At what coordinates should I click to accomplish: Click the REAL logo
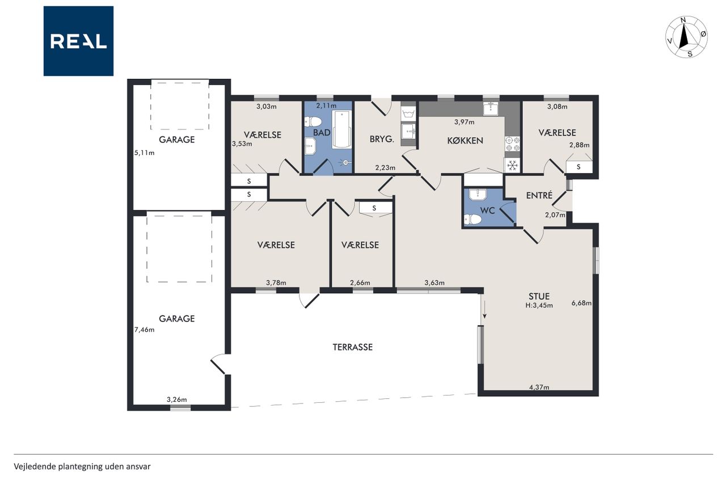78,41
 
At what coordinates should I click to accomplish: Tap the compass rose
686,37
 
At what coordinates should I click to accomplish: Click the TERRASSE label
353,347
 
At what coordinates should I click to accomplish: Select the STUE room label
539,296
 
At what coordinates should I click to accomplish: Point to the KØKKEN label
465,140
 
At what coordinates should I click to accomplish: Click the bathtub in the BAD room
341,129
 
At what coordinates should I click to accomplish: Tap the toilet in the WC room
472,220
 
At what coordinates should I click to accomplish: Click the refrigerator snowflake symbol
512,165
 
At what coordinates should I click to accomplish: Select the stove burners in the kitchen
512,144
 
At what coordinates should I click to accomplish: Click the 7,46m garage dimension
144,330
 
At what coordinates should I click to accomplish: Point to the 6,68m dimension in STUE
581,303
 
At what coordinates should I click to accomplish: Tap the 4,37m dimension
539,387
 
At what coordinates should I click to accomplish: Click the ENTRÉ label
539,195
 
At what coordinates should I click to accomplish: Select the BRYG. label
382,139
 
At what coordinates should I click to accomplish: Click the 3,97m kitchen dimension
464,122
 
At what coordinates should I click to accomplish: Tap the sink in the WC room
478,194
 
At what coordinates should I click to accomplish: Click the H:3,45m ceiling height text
539,305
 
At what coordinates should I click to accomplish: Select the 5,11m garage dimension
144,153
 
